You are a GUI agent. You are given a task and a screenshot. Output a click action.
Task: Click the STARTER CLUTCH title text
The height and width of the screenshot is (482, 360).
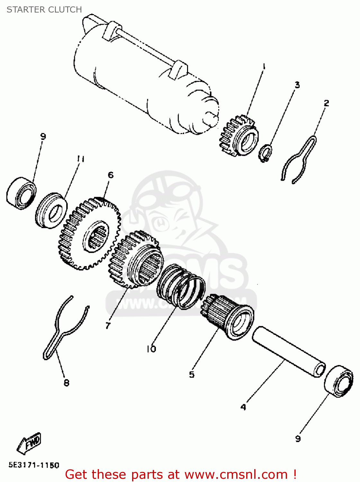(44, 10)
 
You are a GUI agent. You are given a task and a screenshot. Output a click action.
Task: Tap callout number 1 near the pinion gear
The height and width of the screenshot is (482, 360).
(264, 67)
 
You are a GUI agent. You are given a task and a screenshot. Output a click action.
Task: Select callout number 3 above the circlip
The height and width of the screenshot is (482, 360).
(297, 85)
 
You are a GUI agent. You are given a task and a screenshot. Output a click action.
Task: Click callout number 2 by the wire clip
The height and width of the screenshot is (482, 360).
(326, 103)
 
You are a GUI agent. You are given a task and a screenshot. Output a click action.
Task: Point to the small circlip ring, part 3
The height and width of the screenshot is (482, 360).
(265, 154)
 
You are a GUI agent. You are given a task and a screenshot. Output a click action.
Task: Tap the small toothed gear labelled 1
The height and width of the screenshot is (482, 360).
(239, 136)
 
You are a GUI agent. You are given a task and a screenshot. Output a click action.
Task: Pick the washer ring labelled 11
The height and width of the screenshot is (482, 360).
(51, 210)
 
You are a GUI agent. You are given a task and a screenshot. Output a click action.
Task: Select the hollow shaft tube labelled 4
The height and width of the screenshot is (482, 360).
(288, 351)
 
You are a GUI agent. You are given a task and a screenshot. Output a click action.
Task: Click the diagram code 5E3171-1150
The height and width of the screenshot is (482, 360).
(34, 465)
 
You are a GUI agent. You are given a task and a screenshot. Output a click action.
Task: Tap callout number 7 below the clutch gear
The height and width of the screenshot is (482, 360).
(108, 326)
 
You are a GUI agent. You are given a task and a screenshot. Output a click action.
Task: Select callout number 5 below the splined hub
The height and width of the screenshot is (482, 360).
(192, 374)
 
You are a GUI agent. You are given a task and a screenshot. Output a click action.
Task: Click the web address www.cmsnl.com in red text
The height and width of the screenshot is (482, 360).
(236, 474)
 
